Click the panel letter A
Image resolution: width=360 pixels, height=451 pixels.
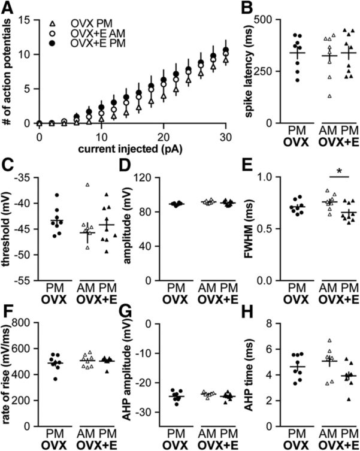pyautogui.click(x=10, y=8)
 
